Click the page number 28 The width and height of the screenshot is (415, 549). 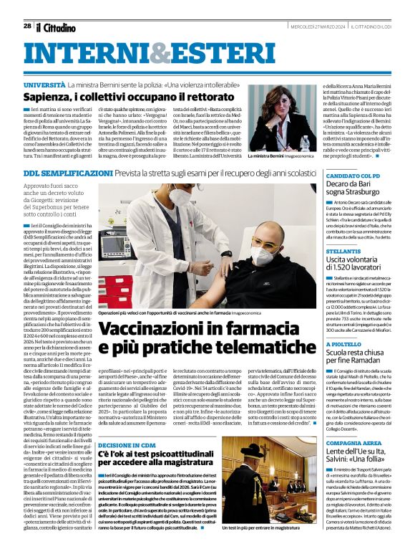[27, 26]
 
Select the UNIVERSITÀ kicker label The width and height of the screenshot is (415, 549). [45, 85]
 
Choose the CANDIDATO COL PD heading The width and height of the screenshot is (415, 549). [353, 176]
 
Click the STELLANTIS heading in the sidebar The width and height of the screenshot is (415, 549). [343, 252]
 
